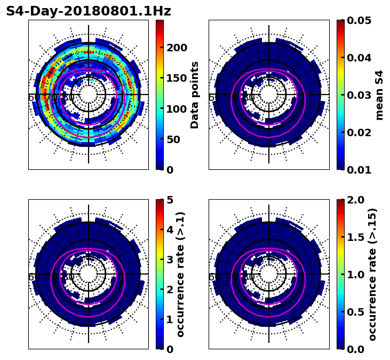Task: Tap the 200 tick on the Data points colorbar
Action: click(176, 48)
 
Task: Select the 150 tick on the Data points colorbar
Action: click(176, 78)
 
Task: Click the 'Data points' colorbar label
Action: click(195, 95)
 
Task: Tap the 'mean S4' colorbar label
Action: click(379, 95)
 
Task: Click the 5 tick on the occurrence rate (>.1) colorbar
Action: click(170, 200)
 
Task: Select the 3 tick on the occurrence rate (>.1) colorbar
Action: click(170, 260)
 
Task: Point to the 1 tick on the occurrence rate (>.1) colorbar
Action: click(170, 319)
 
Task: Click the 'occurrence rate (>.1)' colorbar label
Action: click(180, 275)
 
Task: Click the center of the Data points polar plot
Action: click(89, 95)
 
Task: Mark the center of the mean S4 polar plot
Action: click(269, 95)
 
